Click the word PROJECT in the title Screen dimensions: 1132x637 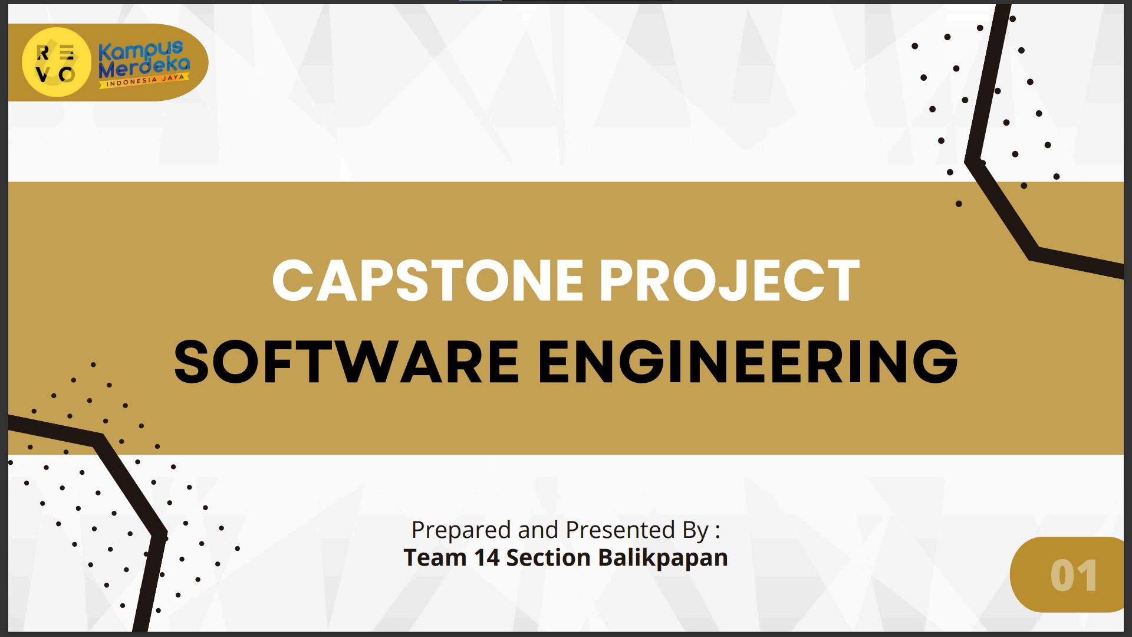730,281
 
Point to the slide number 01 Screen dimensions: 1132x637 1074,576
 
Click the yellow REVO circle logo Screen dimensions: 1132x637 57,62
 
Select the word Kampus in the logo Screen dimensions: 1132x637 141,51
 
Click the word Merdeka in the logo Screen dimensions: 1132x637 144,68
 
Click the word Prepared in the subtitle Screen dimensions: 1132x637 461,530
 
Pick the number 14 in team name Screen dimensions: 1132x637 487,558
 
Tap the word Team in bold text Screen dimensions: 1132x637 435,558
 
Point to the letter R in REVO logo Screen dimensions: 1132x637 43,53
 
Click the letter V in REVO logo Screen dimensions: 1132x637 42,74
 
